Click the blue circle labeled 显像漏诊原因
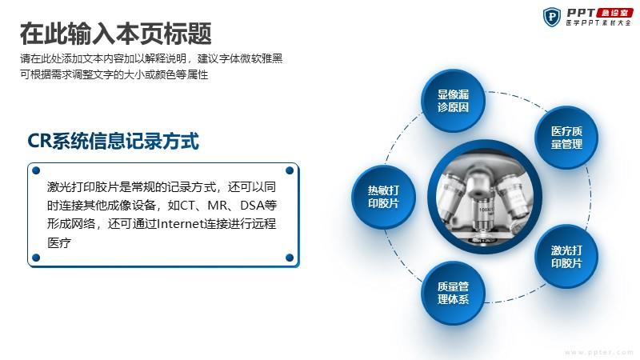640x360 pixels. pos(453,101)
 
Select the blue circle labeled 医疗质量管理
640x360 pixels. pos(566,138)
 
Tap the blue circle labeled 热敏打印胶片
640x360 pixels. pos(383,197)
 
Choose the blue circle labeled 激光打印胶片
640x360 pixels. pos(566,256)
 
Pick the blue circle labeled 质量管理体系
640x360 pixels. pos(453,293)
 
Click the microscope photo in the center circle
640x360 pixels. pos(485,197)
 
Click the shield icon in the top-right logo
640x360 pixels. pos(552,17)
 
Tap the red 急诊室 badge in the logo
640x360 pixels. pos(614,13)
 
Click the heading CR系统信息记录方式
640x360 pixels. pos(113,142)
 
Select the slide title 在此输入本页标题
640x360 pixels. pos(116,34)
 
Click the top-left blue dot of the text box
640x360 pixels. pos(36,170)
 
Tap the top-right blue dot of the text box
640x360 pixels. pos(290,170)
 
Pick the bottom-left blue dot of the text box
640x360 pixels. pos(36,258)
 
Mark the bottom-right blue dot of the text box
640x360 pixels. pos(290,258)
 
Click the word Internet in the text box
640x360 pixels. pos(181,224)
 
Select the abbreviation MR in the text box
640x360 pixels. pos(217,205)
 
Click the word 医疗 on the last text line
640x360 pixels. pos(59,243)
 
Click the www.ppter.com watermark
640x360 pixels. pos(598,352)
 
